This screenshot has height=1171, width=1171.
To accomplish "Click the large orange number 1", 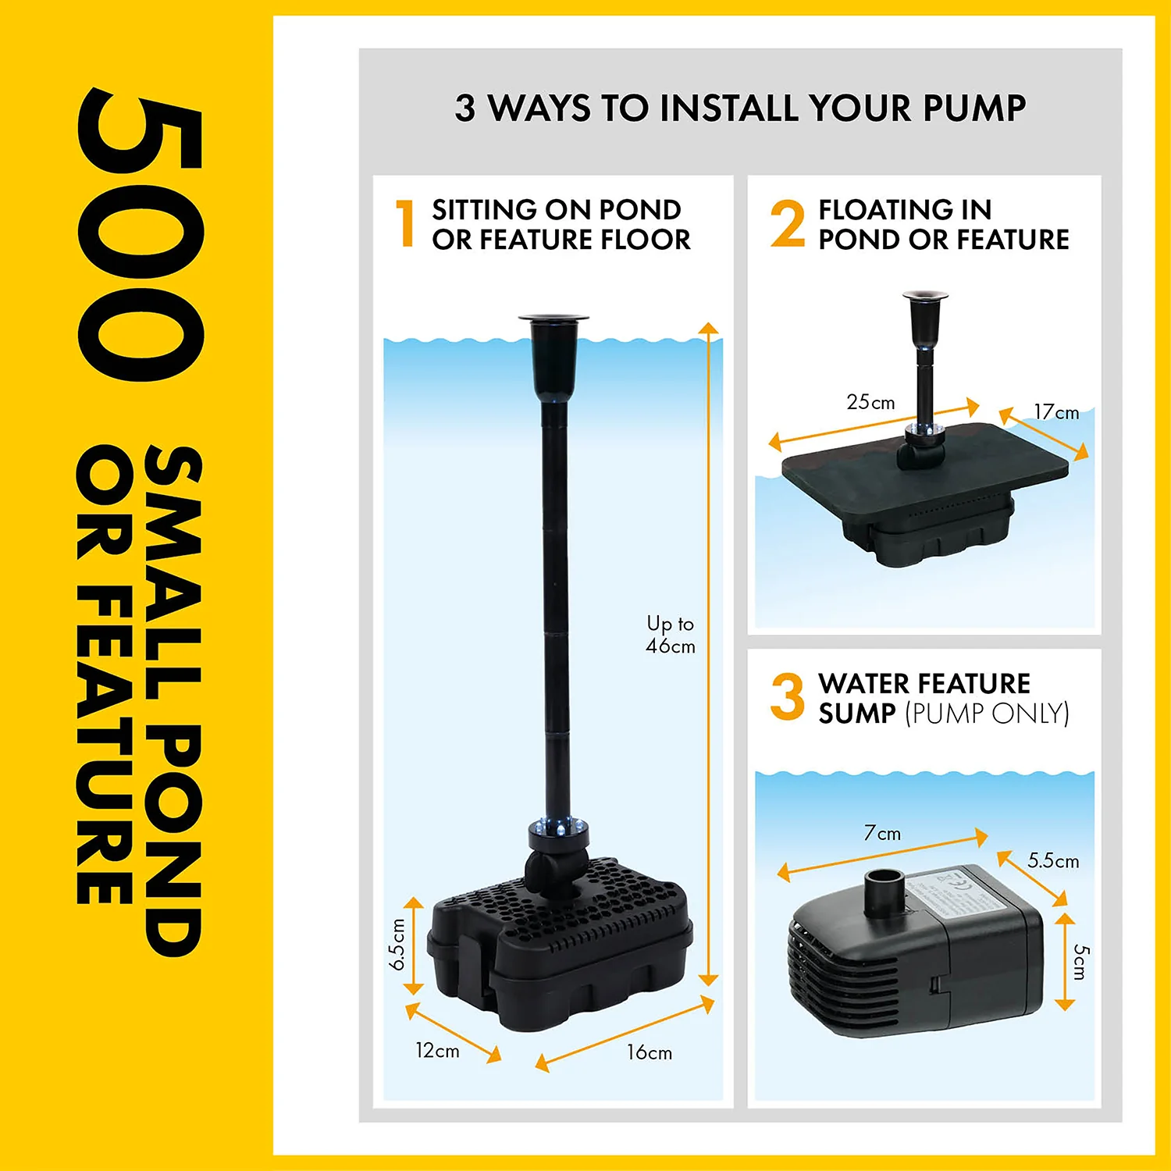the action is (406, 223).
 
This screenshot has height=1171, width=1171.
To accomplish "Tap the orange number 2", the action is (787, 223).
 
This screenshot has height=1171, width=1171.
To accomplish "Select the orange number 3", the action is (787, 697).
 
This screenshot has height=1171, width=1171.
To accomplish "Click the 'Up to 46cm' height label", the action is (671, 635).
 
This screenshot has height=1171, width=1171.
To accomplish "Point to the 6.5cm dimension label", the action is (397, 945).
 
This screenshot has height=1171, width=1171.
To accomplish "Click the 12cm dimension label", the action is (437, 1051).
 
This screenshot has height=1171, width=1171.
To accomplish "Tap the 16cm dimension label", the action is (650, 1052).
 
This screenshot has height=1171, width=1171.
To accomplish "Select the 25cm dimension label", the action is (870, 402).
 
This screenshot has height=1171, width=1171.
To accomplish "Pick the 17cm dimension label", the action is (1056, 411).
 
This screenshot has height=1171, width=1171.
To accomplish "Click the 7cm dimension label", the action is (882, 833).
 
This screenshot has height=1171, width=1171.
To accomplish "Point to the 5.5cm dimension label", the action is (1053, 860).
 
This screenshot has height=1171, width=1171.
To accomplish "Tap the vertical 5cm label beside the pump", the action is (1080, 962).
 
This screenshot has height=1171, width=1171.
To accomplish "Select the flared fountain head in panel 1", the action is (553, 355).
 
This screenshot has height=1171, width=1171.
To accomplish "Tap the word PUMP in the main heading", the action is (974, 108).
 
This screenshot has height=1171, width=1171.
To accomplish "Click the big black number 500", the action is (141, 236).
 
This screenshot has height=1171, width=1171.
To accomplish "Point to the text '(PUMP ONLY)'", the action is (987, 713).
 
